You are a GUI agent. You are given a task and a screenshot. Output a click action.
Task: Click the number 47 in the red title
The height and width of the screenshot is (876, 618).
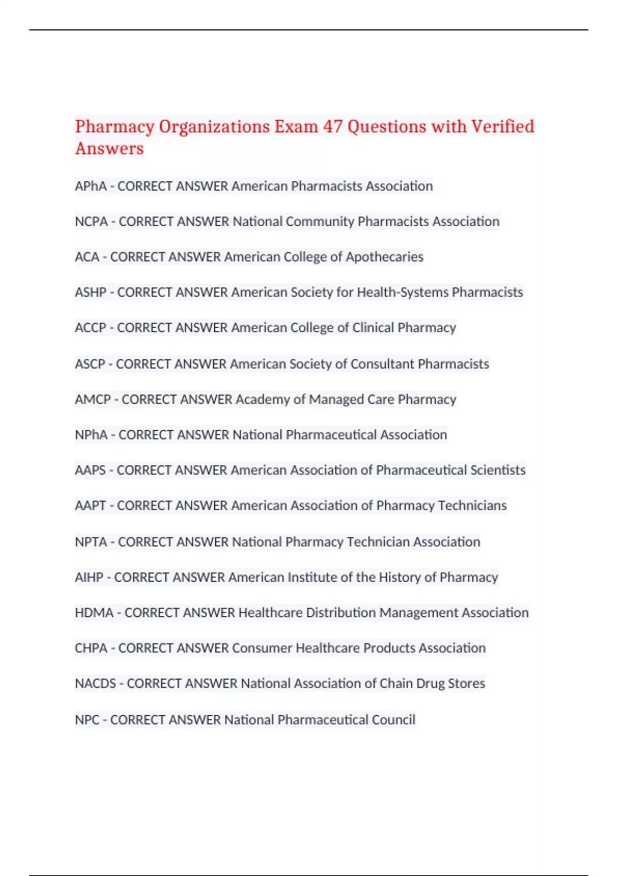(333, 126)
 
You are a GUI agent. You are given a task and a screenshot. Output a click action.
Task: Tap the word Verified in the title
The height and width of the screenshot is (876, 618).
(503, 126)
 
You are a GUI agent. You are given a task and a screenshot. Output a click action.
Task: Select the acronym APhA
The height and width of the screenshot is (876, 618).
(91, 186)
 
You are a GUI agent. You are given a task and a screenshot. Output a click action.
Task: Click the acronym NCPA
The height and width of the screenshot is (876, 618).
(92, 222)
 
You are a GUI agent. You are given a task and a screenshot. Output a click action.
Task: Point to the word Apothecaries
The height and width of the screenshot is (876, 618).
(384, 257)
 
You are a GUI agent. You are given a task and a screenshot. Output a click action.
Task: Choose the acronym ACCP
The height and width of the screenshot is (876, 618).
(91, 328)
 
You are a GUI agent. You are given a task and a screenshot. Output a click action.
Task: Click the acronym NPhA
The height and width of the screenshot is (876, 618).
(91, 435)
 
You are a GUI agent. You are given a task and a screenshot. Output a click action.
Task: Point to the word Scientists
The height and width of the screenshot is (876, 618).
(496, 470)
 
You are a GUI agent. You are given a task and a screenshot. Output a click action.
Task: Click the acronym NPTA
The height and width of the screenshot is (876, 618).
(91, 542)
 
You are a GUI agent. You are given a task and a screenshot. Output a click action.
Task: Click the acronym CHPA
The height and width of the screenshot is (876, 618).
(91, 648)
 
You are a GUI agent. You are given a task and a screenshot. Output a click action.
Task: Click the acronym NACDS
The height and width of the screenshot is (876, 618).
(95, 683)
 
